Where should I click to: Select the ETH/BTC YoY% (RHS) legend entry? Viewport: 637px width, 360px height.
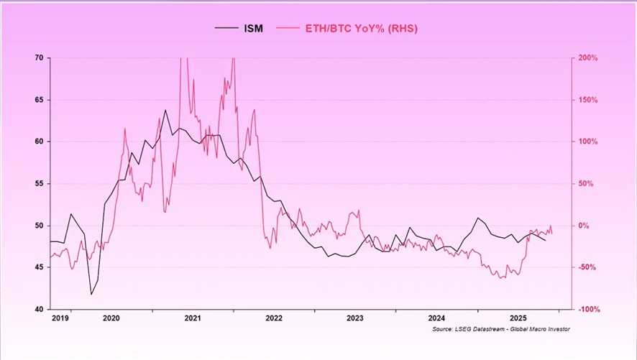click(362, 29)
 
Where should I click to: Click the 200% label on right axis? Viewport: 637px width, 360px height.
click(589, 57)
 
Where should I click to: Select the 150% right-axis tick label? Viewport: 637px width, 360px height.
click(589, 100)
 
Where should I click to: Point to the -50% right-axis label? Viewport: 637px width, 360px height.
click(589, 267)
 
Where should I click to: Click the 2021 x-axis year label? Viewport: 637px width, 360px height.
click(192, 317)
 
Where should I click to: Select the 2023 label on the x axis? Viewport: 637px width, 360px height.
click(354, 317)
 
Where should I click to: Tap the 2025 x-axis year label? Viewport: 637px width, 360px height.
click(518, 317)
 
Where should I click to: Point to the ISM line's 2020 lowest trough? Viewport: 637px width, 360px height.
click(91, 294)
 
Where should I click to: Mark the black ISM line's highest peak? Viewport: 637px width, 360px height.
click(165, 110)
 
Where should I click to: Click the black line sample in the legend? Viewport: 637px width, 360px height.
click(226, 29)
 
